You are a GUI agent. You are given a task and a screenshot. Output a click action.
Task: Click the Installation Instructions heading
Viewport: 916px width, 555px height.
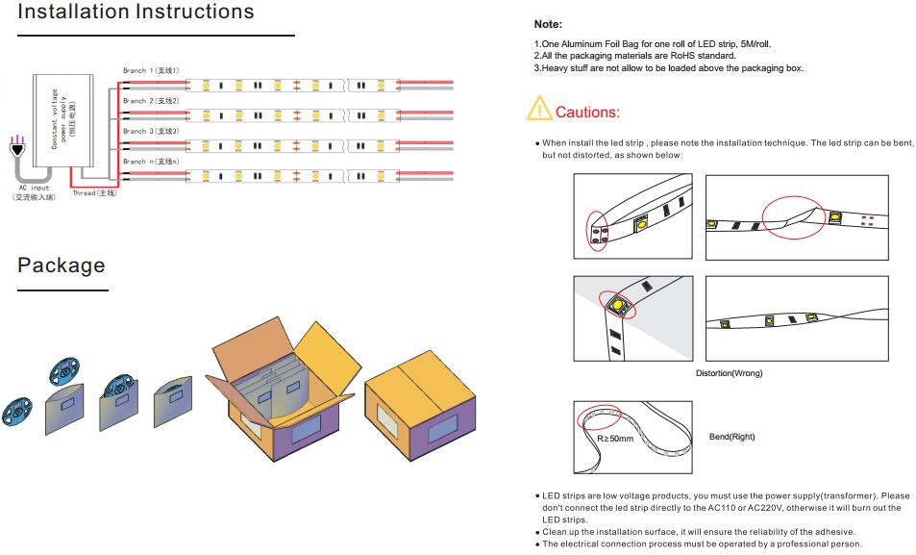click(136, 13)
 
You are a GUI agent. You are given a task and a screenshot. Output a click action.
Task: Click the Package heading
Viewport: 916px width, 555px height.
click(62, 265)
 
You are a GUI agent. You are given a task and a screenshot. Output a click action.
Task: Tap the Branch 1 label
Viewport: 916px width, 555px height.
click(151, 70)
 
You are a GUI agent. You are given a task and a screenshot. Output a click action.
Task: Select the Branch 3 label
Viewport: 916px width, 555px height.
click(151, 131)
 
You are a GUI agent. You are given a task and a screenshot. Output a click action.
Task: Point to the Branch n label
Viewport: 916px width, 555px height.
click(151, 162)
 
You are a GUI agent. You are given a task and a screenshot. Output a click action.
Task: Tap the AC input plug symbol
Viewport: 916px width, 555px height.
click(15, 149)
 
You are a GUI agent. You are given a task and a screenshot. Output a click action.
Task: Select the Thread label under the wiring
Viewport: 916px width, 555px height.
click(94, 193)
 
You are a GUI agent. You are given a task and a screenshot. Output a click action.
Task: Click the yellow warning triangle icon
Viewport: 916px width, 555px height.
click(538, 110)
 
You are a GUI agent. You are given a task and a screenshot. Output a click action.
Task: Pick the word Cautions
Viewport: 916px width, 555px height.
click(587, 113)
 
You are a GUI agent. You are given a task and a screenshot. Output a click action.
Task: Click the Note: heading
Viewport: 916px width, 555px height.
click(548, 24)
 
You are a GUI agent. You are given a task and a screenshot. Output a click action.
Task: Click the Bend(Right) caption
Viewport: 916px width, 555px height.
click(731, 437)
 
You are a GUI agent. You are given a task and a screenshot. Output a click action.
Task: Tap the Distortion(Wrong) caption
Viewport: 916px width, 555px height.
click(729, 373)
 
